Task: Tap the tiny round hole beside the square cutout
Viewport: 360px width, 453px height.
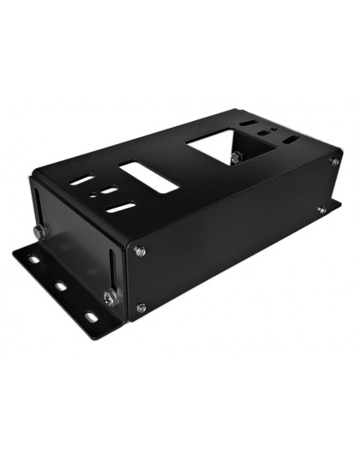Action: (x=272, y=131)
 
